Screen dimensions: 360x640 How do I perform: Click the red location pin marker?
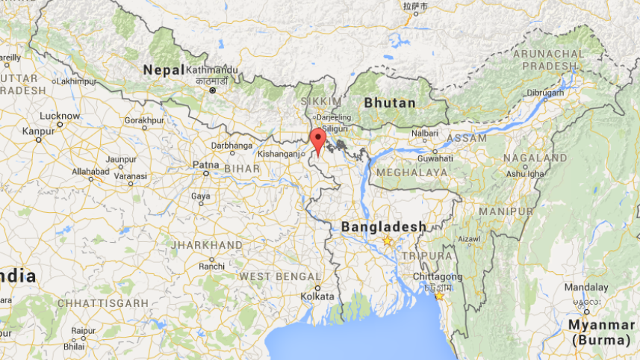[318, 140]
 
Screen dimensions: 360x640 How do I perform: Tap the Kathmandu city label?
[213, 70]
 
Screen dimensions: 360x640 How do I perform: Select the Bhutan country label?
[389, 102]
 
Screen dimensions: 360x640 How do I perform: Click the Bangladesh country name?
[384, 226]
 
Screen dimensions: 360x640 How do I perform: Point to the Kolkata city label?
[318, 297]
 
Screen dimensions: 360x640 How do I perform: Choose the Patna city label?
[205, 164]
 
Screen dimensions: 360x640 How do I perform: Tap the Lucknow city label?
[59, 116]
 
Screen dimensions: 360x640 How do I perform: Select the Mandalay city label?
[586, 287]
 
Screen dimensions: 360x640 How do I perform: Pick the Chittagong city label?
[437, 276]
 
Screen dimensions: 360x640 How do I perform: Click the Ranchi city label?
[211, 266]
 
